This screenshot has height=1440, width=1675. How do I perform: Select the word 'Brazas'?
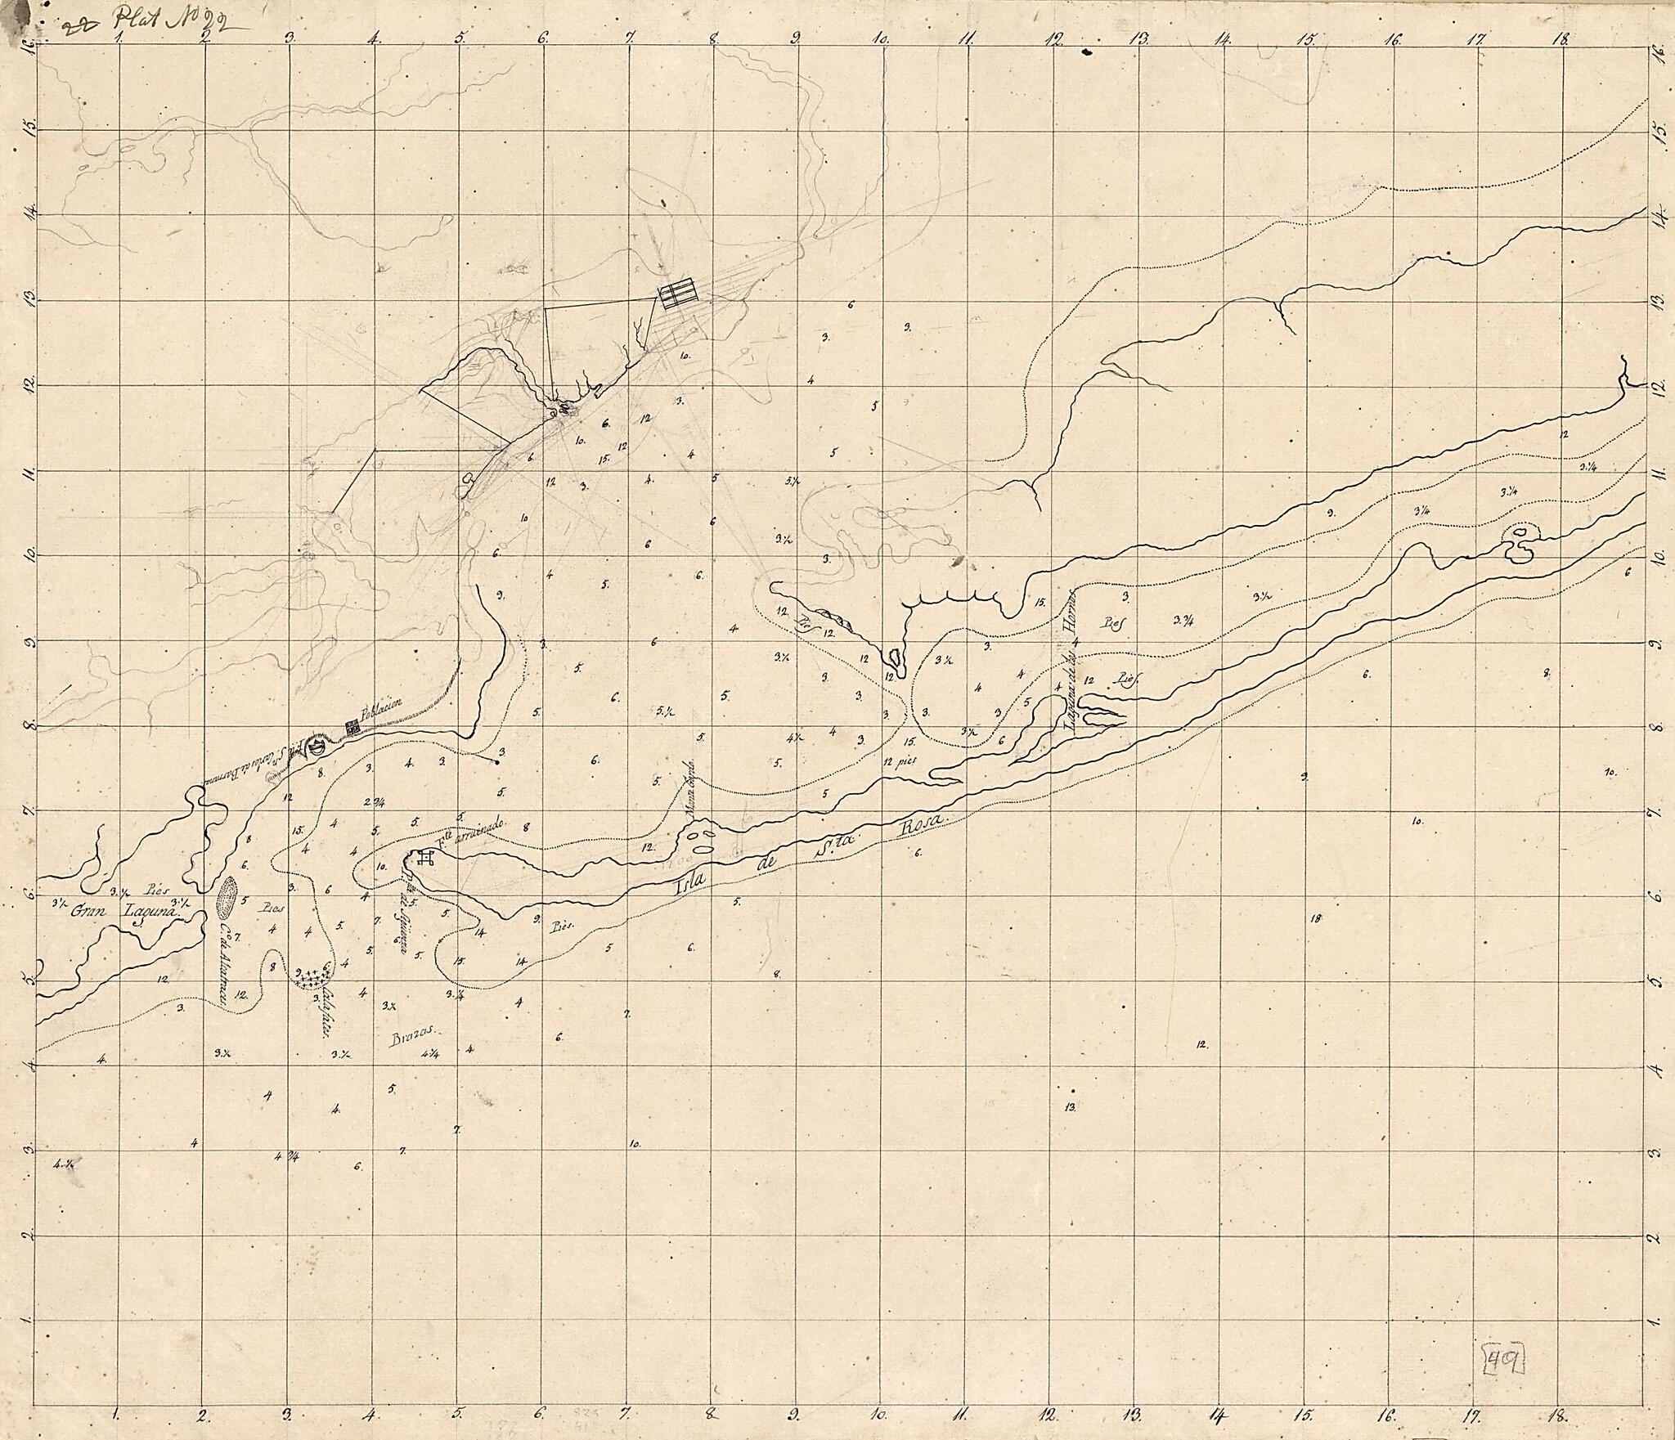(x=415, y=1034)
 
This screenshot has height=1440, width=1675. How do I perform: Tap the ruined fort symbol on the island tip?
(x=425, y=858)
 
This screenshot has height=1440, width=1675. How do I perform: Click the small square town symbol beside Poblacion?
(x=353, y=725)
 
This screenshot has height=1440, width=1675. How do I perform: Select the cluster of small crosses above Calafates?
(x=316, y=976)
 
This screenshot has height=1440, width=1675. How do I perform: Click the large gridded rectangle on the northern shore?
(x=680, y=294)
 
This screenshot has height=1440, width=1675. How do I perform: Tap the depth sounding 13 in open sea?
(x=1069, y=1107)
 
